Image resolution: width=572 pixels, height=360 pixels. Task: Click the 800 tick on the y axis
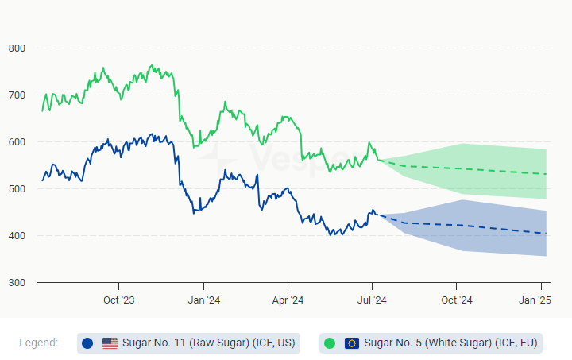tap(17, 48)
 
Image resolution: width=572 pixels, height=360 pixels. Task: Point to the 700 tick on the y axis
tap(17, 95)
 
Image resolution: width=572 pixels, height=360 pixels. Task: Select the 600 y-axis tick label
tap(17, 142)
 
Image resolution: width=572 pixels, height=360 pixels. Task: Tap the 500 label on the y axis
tap(17, 189)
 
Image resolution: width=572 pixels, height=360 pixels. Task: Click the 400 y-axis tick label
tap(17, 236)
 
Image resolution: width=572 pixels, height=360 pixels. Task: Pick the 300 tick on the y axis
tap(17, 283)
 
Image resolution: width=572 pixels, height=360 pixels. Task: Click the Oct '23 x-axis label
tap(119, 300)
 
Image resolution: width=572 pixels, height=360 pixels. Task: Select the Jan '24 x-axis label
tap(203, 300)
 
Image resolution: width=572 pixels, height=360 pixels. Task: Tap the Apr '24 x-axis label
tap(288, 300)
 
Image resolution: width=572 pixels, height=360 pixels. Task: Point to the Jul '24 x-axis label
tap(372, 300)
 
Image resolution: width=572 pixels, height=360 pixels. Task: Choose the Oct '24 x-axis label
tap(457, 300)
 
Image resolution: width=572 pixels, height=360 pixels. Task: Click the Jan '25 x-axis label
tap(535, 300)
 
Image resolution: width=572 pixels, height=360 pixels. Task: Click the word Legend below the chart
tap(38, 343)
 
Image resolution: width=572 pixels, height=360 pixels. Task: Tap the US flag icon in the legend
tap(110, 343)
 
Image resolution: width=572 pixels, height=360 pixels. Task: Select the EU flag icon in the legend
tap(352, 343)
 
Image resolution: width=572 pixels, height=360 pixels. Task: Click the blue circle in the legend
tap(87, 343)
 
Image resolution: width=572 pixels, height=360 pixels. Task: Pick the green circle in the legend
tap(330, 343)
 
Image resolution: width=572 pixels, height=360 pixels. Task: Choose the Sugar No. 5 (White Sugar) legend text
tap(451, 343)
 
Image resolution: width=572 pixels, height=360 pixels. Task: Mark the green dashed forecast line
tap(477, 170)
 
